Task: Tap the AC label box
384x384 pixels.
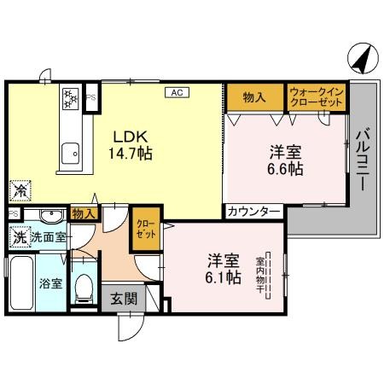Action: coord(177,91)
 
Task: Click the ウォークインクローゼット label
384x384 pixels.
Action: coord(316,96)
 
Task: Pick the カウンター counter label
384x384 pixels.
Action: coord(253,211)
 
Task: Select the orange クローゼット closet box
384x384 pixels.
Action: coord(145,229)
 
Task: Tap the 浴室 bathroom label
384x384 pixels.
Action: coord(49,282)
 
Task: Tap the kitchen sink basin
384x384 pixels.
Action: coord(70,154)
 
